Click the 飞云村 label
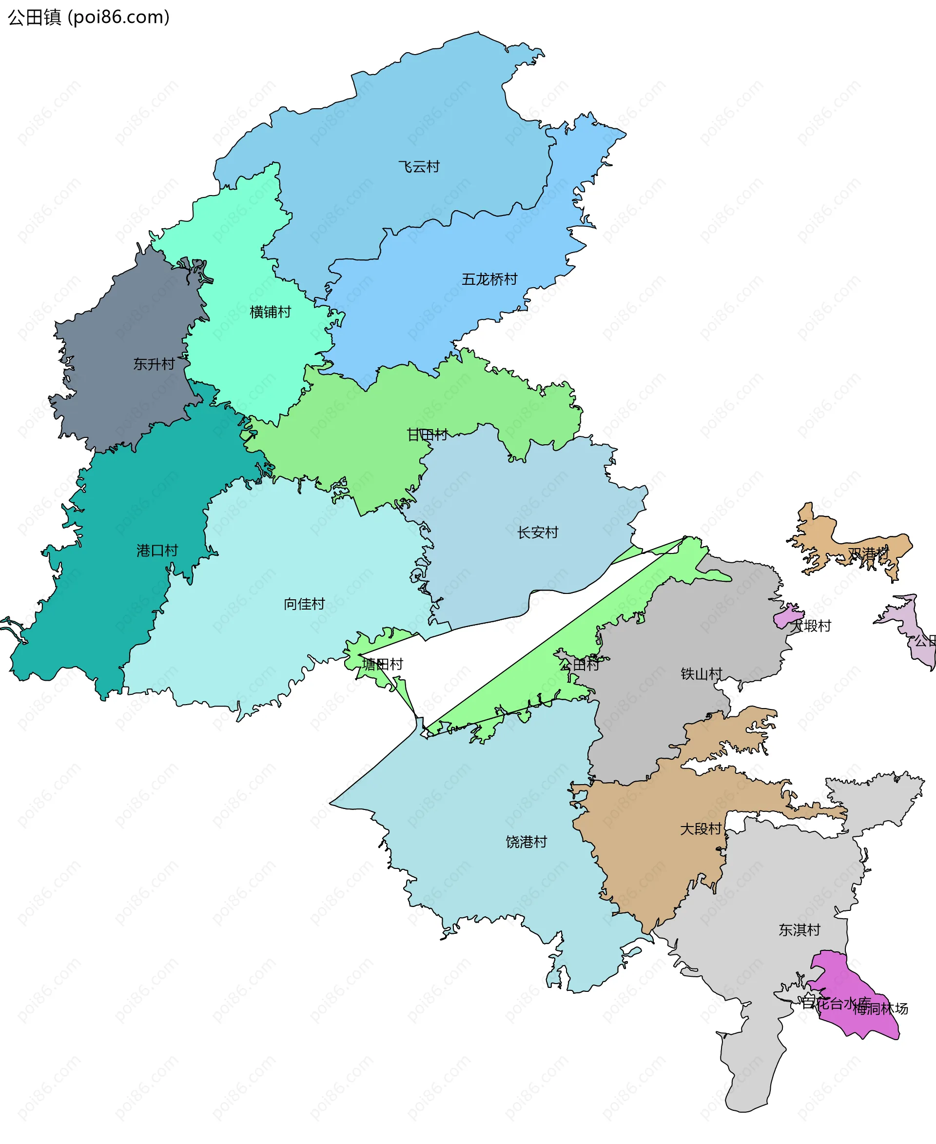(418, 167)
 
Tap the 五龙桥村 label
(489, 279)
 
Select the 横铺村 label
(270, 312)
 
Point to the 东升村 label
(154, 364)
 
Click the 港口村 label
(157, 551)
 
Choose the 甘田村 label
(427, 435)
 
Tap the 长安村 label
(538, 533)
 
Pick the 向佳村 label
(304, 604)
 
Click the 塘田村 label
(382, 665)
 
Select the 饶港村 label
(526, 842)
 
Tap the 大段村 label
(701, 829)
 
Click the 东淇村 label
(799, 930)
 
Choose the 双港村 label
(868, 554)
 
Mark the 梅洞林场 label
(880, 1008)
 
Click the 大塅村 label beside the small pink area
(810, 626)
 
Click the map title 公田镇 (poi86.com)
(88, 17)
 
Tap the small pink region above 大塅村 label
(787, 615)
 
